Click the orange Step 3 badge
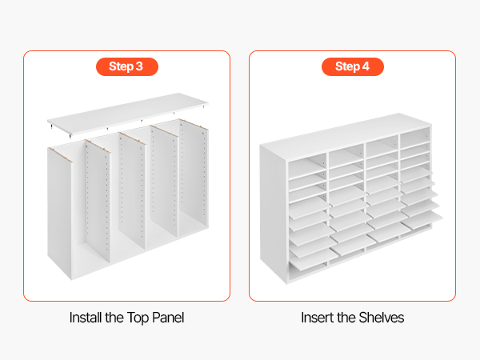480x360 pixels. pyautogui.click(x=127, y=66)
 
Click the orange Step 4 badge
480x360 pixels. pyautogui.click(x=353, y=66)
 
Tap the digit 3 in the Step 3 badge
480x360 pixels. pyautogui.click(x=139, y=66)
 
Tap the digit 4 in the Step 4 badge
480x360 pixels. pyautogui.click(x=366, y=66)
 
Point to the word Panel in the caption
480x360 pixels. pyautogui.click(x=168, y=318)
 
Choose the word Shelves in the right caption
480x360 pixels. pyautogui.click(x=382, y=318)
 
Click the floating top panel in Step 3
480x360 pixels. pyautogui.click(x=128, y=114)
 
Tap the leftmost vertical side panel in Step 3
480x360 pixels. pyautogui.click(x=60, y=214)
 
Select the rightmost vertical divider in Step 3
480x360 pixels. pyautogui.click(x=194, y=177)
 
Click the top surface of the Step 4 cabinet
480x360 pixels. pyautogui.click(x=346, y=135)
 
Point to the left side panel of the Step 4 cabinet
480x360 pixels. pyautogui.click(x=274, y=213)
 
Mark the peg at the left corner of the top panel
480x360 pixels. pyautogui.click(x=50, y=125)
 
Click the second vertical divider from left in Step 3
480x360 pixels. pyautogui.click(x=98, y=201)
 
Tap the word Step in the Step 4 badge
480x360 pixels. pyautogui.click(x=347, y=66)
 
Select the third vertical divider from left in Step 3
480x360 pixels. pyautogui.click(x=132, y=190)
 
